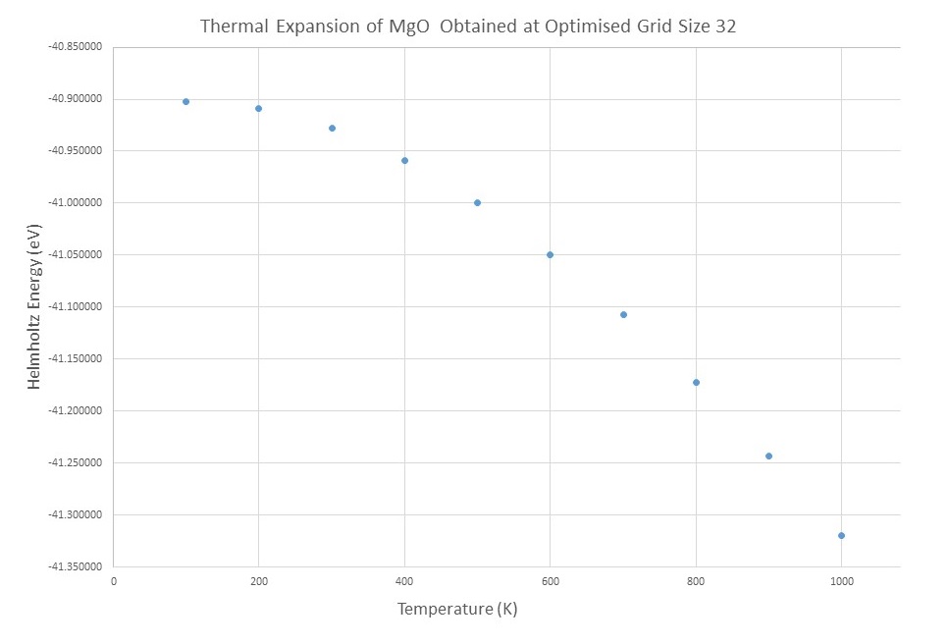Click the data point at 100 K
[x=185, y=101]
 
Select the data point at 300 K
[x=332, y=128]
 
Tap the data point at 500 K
[x=477, y=202]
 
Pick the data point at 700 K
[x=623, y=314]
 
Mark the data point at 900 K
[x=768, y=456]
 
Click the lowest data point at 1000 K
[x=841, y=535]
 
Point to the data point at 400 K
[x=404, y=160]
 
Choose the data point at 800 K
[x=696, y=382]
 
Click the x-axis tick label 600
[x=550, y=581]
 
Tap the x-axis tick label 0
[x=113, y=581]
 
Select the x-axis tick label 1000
[x=841, y=581]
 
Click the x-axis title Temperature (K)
[x=456, y=610]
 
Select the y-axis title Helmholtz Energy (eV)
[x=34, y=306]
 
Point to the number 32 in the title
[x=725, y=27]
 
